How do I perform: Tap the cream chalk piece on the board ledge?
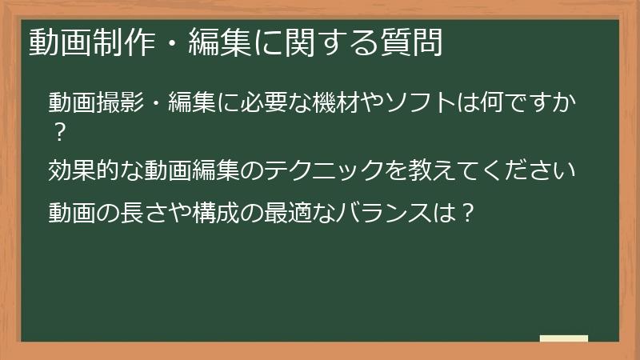point(563,338)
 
